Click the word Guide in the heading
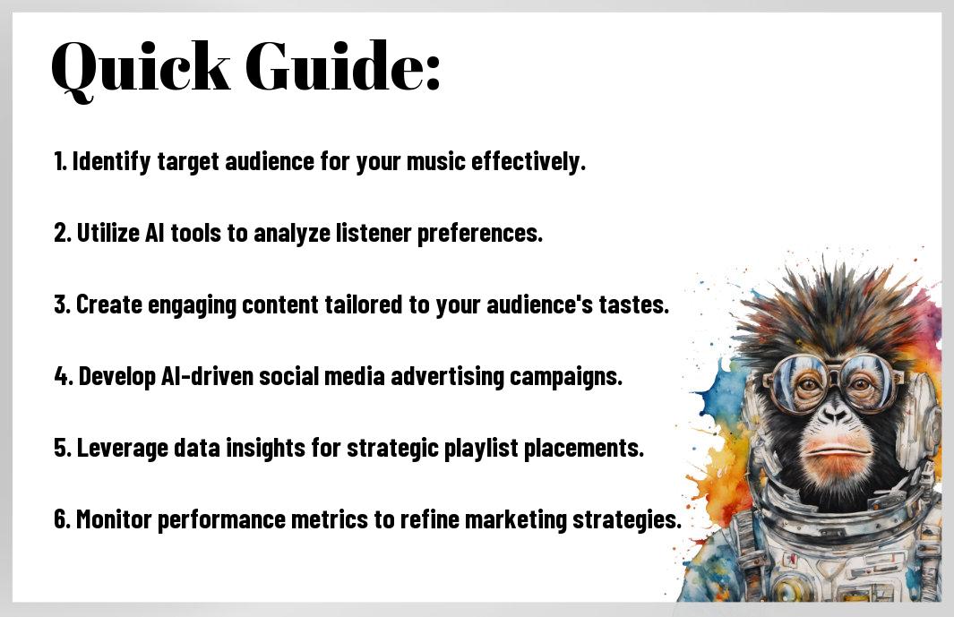[333, 65]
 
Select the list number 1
[60, 162]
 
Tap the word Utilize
[107, 233]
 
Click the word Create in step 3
[109, 304]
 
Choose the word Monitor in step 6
[114, 519]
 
